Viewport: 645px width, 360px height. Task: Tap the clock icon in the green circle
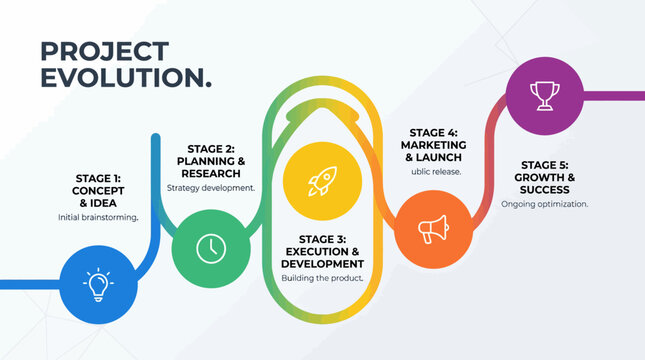210,247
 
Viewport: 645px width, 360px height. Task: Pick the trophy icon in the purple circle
545,96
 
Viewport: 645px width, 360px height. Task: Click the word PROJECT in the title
103,52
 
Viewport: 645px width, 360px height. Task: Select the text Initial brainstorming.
97,217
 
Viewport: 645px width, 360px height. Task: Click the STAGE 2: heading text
210,148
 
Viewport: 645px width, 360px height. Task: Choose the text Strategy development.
210,187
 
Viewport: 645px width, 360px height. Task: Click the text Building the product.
322,278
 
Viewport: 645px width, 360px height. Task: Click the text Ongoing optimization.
545,204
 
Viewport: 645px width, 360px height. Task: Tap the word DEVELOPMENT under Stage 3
322,263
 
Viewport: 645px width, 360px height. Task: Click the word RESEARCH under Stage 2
210,172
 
